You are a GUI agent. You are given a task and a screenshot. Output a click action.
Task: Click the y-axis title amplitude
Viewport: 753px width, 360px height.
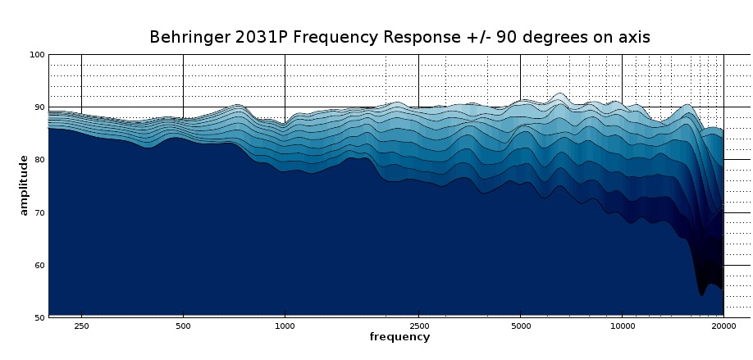(x=24, y=185)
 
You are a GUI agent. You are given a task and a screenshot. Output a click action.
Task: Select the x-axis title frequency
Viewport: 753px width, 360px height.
(x=399, y=337)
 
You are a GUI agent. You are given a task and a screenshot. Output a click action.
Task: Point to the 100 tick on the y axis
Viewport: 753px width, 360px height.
(x=36, y=55)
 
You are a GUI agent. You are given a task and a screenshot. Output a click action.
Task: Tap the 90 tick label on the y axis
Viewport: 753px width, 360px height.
(x=39, y=107)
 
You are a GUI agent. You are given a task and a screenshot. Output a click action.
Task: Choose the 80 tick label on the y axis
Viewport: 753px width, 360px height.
(x=39, y=160)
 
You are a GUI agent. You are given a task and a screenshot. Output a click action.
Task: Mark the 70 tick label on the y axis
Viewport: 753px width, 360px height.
(x=39, y=212)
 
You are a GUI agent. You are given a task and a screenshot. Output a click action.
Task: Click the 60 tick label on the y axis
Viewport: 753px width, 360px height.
(x=39, y=265)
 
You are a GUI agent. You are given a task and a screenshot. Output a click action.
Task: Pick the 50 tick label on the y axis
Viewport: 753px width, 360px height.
(x=39, y=317)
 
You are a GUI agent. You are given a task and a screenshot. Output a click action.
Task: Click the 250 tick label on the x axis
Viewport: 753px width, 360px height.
(x=81, y=326)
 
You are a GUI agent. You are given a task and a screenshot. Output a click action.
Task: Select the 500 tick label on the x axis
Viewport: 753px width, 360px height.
(x=183, y=326)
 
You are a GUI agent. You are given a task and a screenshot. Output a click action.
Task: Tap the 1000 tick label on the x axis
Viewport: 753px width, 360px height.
(x=285, y=326)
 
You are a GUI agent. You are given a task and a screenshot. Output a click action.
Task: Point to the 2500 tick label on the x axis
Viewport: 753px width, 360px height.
(x=418, y=326)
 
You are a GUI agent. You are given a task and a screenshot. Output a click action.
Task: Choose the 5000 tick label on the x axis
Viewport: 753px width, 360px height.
(x=520, y=326)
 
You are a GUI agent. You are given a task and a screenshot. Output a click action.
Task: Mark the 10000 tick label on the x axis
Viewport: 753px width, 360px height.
(x=622, y=326)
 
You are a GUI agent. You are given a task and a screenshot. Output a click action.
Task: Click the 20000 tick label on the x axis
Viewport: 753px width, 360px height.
(x=723, y=326)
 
